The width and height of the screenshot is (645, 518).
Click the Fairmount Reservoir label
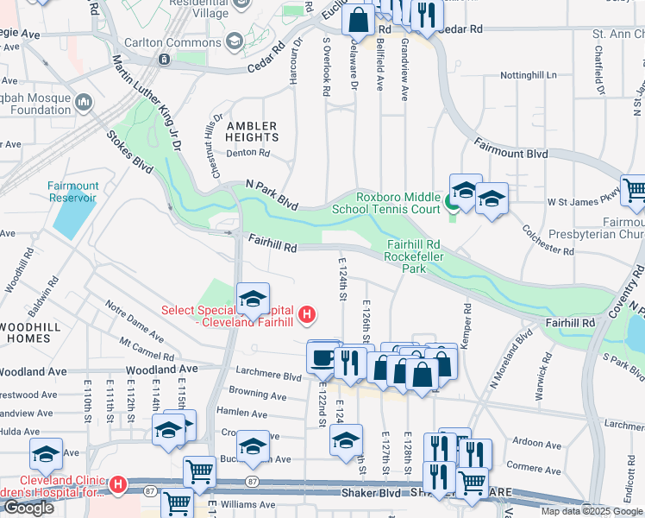pos(73,192)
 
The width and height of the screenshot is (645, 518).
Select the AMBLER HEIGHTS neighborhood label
pos(252,131)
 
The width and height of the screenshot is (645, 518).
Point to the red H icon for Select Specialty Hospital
pos(306,312)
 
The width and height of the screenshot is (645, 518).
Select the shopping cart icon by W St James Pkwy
pos(635,192)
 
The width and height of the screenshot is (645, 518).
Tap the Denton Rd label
pos(248,154)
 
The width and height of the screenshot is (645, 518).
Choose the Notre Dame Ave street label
pos(134,317)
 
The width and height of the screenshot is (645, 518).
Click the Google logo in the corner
pos(28,508)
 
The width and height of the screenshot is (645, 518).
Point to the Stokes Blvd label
pos(128,151)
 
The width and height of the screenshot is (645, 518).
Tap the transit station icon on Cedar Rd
pos(164,59)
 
